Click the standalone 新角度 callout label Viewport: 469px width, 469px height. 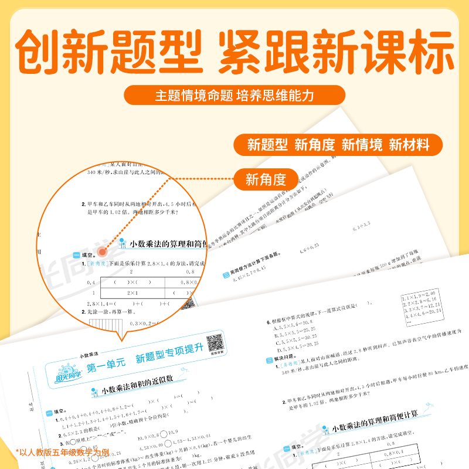(x=266, y=179)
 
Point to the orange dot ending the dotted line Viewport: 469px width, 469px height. (x=102, y=252)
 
